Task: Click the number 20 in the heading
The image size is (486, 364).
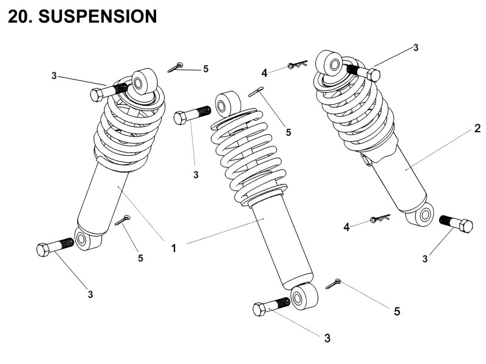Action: coord(21,16)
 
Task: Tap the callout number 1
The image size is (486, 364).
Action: coord(173,248)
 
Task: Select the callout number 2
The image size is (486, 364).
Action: coord(477,128)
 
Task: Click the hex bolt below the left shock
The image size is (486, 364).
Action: coord(54,247)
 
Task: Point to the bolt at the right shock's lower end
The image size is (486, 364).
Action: coord(455,224)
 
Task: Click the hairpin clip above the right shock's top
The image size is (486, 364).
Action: coord(297,64)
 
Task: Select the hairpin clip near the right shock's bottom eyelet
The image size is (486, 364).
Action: coord(378,219)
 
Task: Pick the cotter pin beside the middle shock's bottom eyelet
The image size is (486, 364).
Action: coord(334,283)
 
